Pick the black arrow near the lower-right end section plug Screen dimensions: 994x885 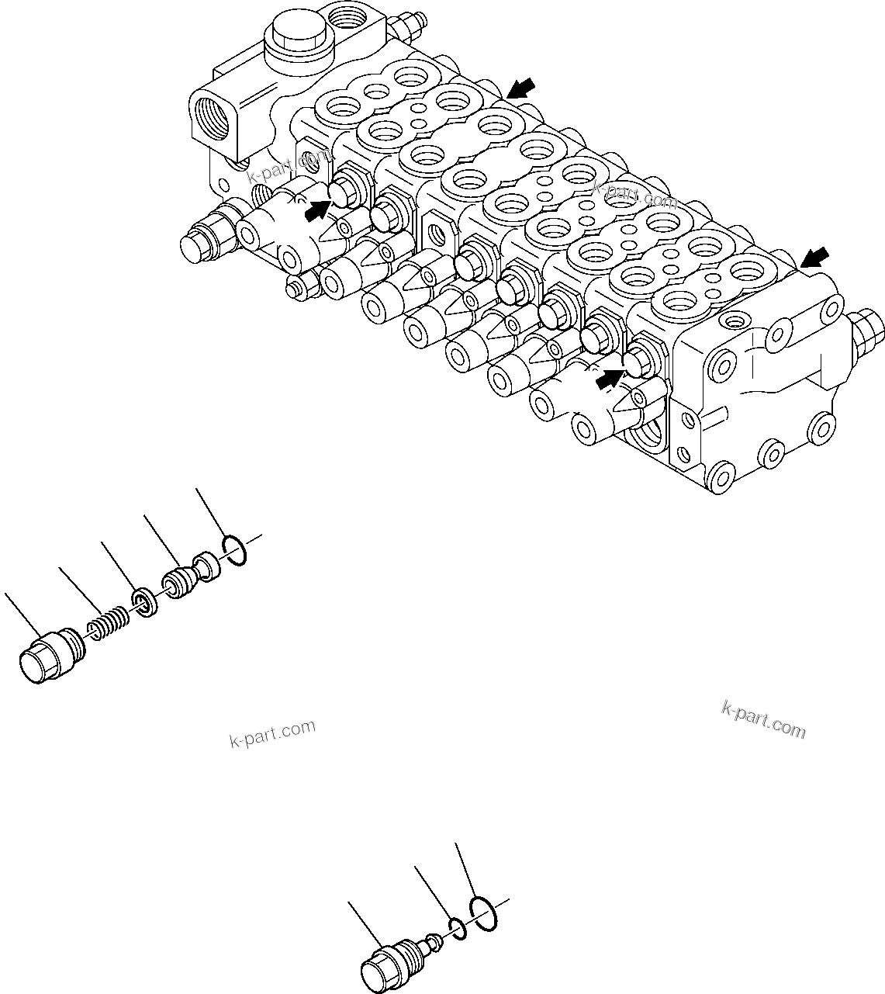[x=609, y=379]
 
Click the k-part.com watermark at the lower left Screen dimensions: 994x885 [x=273, y=733]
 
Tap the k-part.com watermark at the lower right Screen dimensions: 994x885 [x=763, y=719]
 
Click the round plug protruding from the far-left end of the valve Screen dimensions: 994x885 [x=199, y=242]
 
